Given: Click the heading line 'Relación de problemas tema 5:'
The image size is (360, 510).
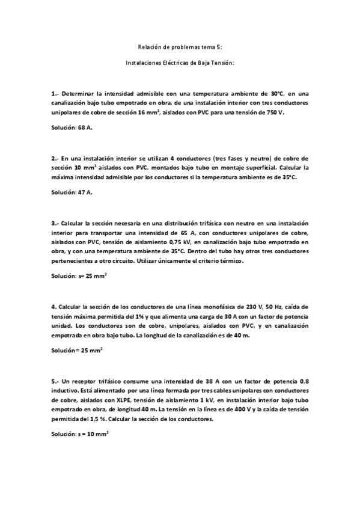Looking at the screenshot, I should click(x=180, y=46).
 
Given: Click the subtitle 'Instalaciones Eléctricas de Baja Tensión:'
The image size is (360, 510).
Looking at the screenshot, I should click(x=180, y=62).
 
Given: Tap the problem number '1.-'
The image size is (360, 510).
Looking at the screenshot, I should click(x=55, y=94).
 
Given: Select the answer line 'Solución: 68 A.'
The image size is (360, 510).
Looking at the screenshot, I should click(x=72, y=128).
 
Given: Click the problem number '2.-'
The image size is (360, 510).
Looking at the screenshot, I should click(x=55, y=158).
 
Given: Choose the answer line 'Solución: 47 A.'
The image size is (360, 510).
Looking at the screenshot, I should click(x=72, y=192).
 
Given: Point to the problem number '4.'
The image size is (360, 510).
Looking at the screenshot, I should click(x=54, y=306).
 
